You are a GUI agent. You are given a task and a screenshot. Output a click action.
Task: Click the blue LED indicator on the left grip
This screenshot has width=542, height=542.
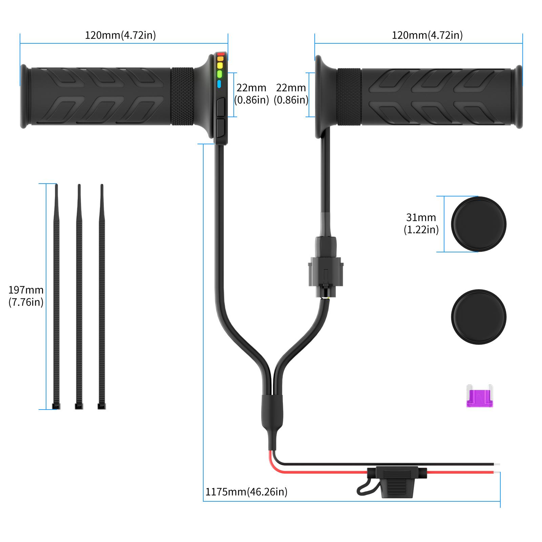tap(219, 84)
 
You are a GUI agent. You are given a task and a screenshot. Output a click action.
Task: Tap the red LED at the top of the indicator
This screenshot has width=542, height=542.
tap(221, 54)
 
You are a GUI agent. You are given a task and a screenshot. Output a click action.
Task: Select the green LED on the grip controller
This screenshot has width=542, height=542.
tap(219, 74)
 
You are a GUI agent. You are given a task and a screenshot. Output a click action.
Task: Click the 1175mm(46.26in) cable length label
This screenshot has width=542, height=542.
tap(246, 492)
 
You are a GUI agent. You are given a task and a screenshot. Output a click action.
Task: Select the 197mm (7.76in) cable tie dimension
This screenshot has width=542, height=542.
tap(26, 296)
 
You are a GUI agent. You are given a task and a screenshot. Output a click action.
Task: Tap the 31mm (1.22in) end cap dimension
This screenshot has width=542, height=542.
tap(421, 224)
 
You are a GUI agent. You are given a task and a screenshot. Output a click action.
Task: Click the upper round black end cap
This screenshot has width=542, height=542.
tap(478, 224)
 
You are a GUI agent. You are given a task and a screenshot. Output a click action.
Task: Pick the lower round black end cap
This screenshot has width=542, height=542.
tap(478, 317)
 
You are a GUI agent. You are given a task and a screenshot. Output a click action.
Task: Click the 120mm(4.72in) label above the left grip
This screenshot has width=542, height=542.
tap(120, 35)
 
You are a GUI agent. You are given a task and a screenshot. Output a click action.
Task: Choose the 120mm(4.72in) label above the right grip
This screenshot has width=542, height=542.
tap(427, 35)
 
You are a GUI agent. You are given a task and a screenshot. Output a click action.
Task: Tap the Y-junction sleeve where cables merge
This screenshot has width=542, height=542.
tap(271, 413)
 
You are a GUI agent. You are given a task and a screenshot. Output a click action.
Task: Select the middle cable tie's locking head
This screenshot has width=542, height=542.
tap(79, 406)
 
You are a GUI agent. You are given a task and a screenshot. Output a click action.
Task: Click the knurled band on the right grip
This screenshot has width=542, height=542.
tap(349, 97)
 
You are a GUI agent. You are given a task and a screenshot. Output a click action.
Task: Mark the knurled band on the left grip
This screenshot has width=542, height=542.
tap(182, 97)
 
